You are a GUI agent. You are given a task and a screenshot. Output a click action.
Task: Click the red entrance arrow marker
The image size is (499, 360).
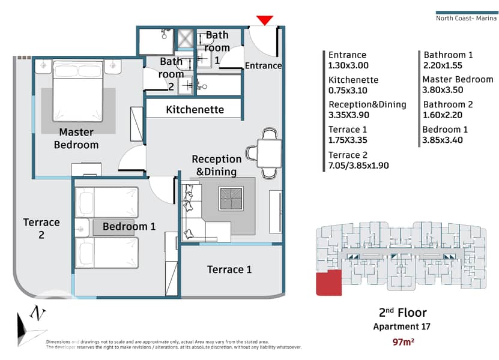[265, 20]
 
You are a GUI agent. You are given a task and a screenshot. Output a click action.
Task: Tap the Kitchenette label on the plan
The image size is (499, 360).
[195, 110]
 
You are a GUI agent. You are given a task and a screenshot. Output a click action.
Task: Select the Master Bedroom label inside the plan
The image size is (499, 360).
[76, 139]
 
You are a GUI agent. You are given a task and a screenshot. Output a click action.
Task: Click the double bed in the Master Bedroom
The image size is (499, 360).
[78, 91]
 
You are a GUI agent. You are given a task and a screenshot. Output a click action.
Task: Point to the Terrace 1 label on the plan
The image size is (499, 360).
[229, 269]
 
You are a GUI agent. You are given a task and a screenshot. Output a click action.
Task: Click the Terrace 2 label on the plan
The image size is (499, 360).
[41, 229]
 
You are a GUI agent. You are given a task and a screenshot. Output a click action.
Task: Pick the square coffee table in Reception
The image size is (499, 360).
[231, 199]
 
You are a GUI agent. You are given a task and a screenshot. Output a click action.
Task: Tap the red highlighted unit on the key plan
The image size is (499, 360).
[328, 283]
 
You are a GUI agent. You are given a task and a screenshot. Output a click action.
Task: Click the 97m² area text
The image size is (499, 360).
[403, 342]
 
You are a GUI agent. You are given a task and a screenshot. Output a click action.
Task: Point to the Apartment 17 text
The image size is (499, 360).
[402, 326]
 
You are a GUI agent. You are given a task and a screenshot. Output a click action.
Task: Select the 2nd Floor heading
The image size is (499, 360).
[402, 313]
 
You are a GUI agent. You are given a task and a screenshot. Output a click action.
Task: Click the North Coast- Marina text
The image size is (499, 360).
[466, 18]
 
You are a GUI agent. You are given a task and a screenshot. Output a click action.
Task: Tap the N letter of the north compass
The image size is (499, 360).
[38, 313]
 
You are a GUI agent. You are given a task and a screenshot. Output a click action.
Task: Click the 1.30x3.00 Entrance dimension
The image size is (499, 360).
[348, 65]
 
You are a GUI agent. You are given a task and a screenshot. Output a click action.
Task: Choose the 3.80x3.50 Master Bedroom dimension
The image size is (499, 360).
[443, 90]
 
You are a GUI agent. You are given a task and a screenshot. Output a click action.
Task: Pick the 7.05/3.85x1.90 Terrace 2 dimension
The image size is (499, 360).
[358, 166]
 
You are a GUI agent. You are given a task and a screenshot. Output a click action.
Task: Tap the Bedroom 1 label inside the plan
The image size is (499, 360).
[129, 226]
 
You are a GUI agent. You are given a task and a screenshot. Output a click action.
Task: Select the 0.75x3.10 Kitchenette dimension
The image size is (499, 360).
[348, 91]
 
